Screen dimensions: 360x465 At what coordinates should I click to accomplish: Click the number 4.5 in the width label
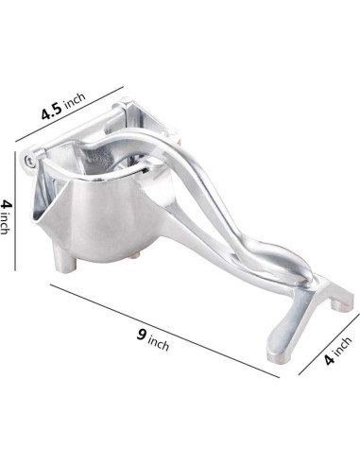[x=52, y=112]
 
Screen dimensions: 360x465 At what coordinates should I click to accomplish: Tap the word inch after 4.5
[x=75, y=100]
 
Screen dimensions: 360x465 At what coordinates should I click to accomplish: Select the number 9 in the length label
[x=142, y=335]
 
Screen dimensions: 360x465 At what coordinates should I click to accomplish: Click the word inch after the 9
[x=159, y=344]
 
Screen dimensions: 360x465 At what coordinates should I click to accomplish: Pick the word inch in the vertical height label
[x=4, y=223]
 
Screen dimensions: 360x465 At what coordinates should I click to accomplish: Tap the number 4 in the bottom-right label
[x=330, y=359]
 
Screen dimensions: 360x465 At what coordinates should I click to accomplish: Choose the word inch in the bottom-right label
[x=342, y=346]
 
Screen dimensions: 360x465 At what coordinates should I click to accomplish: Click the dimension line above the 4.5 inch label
[x=69, y=114]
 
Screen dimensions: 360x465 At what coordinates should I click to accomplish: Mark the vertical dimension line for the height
[x=15, y=211]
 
